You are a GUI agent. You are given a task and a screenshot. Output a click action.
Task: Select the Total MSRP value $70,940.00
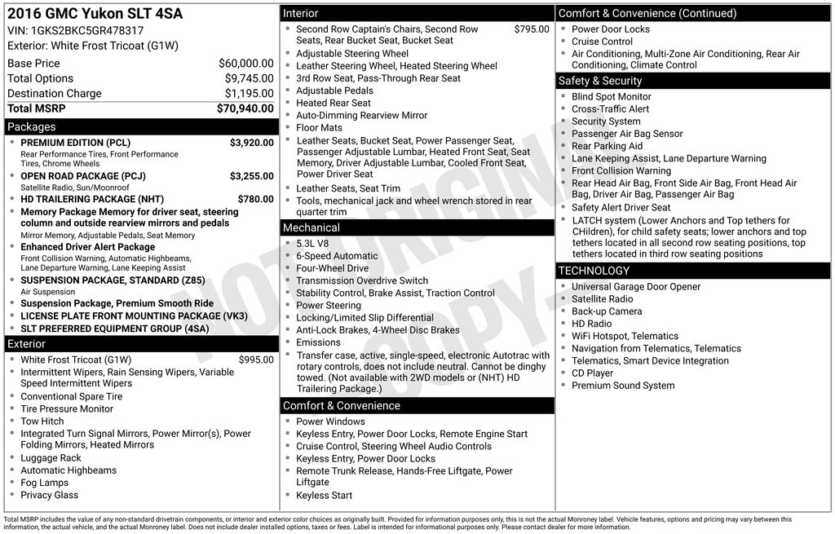click(245, 108)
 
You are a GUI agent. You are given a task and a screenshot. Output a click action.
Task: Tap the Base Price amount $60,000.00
click(245, 63)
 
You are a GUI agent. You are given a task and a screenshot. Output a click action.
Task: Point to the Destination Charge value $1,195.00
click(249, 93)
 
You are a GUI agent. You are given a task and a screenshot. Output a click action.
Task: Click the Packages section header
click(32, 126)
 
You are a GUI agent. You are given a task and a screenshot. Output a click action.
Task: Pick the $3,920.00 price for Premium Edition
click(251, 143)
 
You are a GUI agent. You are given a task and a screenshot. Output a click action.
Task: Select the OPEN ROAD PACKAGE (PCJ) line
click(83, 176)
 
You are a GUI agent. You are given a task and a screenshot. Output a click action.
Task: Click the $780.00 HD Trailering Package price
click(255, 199)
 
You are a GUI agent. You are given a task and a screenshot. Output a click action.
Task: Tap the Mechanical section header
click(311, 227)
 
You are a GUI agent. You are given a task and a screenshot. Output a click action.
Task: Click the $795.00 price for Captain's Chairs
click(532, 29)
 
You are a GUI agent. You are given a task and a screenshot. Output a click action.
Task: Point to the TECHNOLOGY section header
click(594, 271)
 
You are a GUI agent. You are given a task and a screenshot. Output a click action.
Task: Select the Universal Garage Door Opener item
click(636, 286)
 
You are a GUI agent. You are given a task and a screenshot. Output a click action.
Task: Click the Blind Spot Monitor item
click(611, 96)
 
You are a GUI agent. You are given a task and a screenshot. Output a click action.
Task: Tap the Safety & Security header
click(600, 81)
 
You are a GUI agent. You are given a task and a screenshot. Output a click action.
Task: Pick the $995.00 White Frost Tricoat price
click(256, 360)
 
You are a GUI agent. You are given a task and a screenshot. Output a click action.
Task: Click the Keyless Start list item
click(324, 495)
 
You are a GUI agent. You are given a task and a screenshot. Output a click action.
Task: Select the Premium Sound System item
click(623, 386)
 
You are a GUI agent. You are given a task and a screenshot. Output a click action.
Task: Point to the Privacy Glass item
click(50, 495)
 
